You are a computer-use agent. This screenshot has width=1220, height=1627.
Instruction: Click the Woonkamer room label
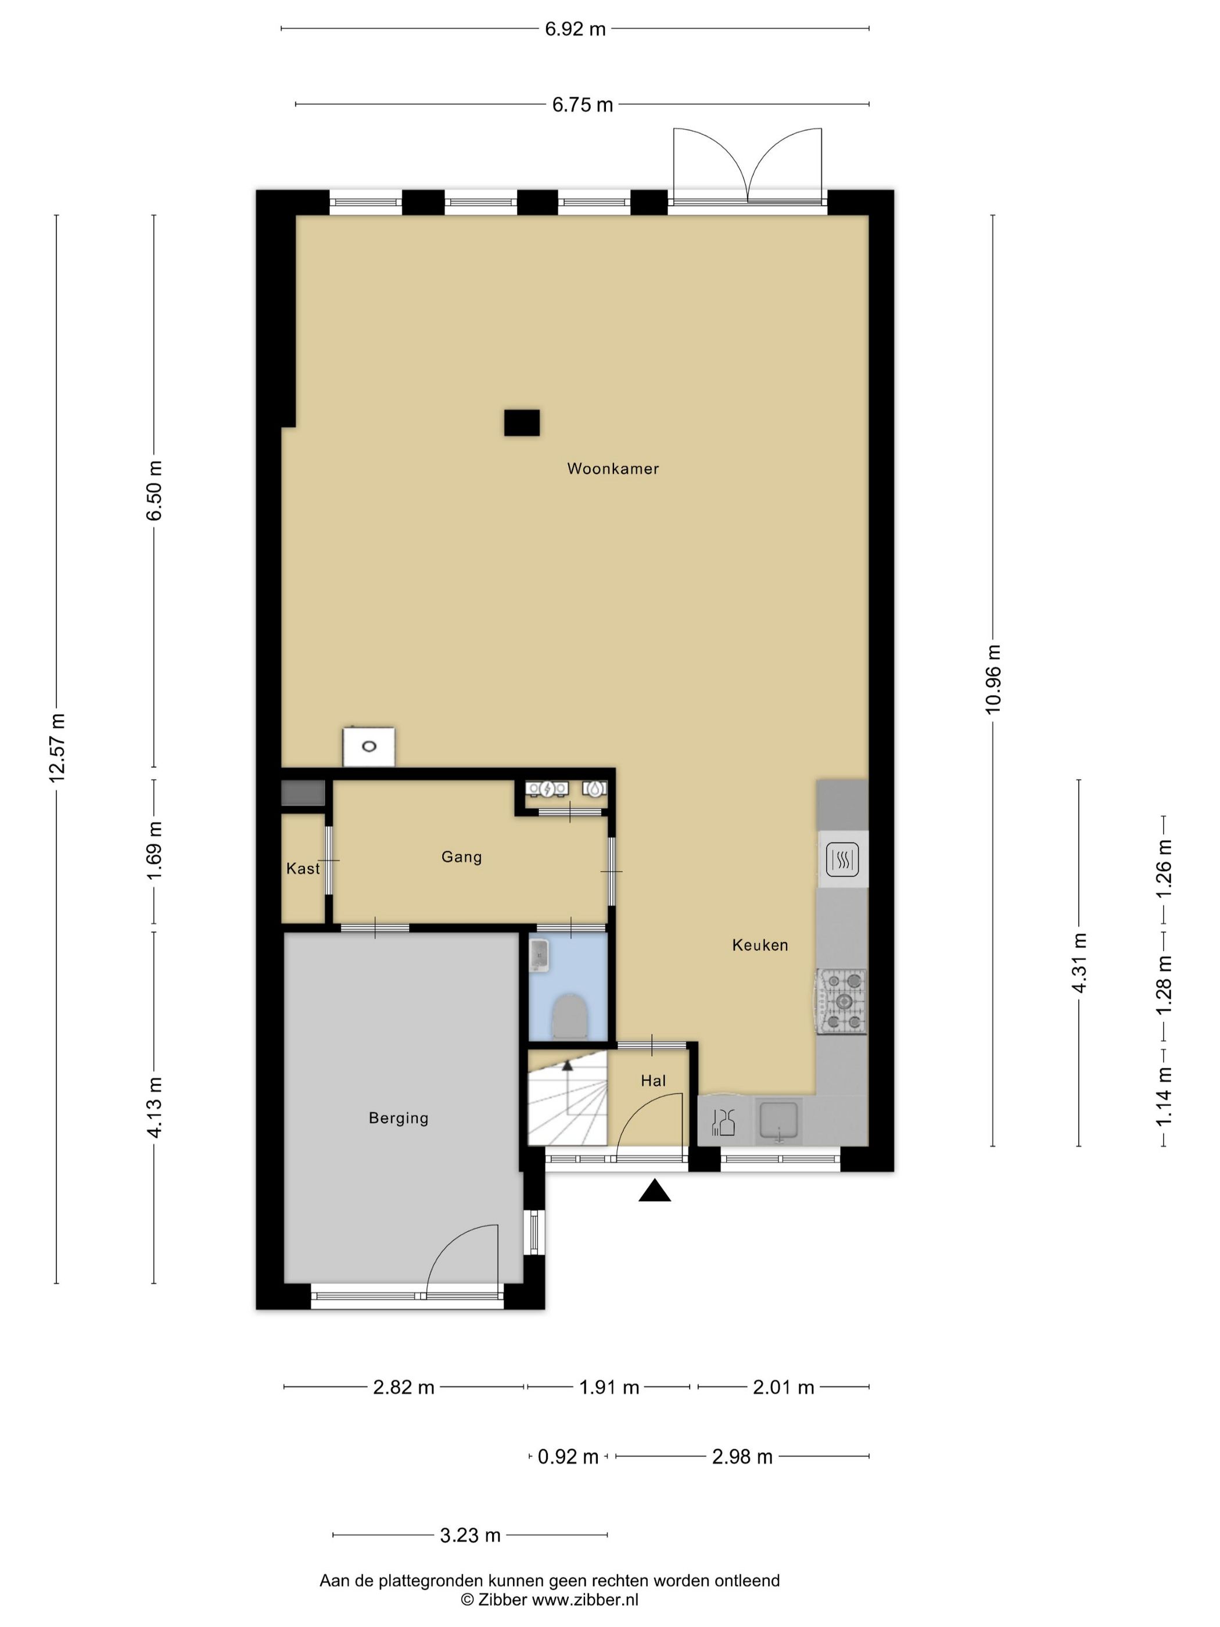click(x=612, y=468)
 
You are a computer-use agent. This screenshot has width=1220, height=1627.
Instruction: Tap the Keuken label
click(x=760, y=945)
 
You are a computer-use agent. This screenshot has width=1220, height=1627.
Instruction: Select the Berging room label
click(x=399, y=1118)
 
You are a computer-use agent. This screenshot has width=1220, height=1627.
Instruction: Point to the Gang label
click(x=462, y=857)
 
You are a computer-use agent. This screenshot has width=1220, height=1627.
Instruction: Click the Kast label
click(x=303, y=869)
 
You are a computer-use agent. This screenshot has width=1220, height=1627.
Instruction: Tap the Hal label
click(x=653, y=1080)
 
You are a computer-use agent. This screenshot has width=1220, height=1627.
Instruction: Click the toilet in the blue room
click(x=568, y=1016)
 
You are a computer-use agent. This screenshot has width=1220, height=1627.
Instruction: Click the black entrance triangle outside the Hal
click(x=655, y=1191)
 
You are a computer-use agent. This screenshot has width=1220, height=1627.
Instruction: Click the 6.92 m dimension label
click(x=575, y=28)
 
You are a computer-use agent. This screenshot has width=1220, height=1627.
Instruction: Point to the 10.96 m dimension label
click(x=993, y=679)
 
